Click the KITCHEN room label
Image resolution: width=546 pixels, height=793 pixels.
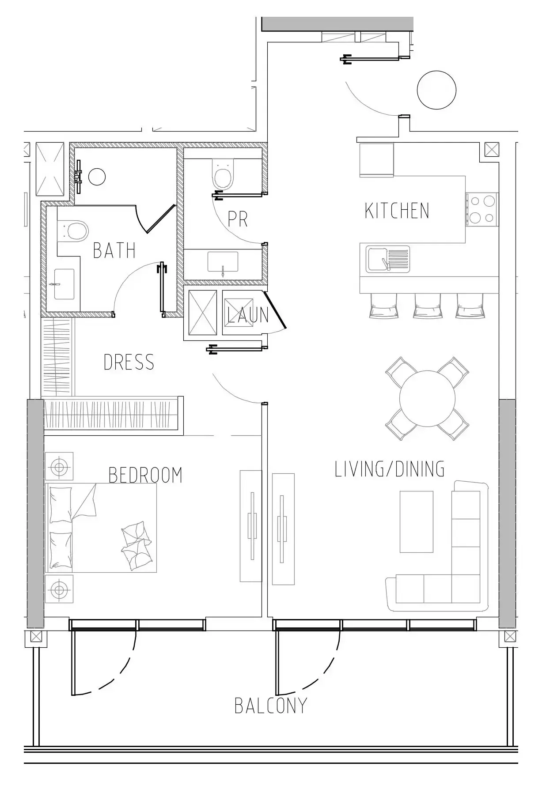397,211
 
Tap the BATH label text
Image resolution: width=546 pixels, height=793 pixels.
114,250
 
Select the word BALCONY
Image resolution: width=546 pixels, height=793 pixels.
270,706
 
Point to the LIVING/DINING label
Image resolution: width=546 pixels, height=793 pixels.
389,469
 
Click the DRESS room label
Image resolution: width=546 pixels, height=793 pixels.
129,362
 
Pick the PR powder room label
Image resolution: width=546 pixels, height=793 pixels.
238,219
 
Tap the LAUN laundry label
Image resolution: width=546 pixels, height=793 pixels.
248,315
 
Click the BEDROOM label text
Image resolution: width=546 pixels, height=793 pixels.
145,475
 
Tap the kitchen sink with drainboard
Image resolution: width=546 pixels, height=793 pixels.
387,259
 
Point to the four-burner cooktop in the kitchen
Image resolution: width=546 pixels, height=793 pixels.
482,210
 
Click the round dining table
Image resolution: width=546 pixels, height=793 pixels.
427,398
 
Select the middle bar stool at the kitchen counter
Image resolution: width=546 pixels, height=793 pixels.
427,305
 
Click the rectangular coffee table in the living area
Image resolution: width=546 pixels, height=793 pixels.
416,521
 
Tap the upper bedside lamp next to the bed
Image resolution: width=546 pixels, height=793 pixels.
59,466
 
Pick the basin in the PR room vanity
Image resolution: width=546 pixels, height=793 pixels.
223,262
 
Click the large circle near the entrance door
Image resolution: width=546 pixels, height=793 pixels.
436,90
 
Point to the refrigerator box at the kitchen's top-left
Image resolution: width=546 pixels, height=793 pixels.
376,160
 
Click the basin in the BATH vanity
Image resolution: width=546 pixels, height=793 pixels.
64,284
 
